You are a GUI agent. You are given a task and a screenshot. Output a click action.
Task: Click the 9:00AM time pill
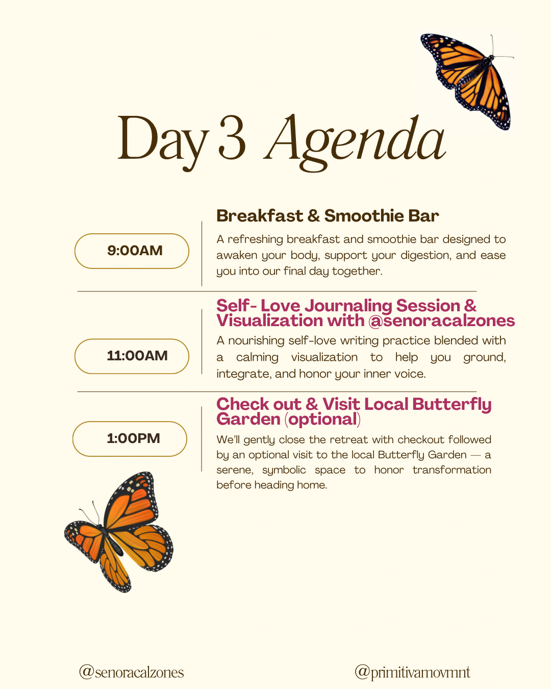[x=132, y=251]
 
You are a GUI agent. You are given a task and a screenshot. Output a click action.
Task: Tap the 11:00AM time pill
[x=132, y=356]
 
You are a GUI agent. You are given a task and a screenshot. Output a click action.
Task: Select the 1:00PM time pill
[x=130, y=438]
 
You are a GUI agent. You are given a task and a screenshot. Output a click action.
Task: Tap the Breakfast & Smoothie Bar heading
[x=328, y=215]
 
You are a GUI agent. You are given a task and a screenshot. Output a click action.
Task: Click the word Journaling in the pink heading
[x=348, y=306]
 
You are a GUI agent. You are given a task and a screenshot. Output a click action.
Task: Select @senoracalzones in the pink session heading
[x=441, y=321]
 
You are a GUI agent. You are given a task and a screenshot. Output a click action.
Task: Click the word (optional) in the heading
[x=323, y=419]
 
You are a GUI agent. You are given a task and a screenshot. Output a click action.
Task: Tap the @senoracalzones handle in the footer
[x=131, y=672]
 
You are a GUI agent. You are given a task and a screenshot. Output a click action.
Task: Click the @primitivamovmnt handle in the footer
[x=412, y=672]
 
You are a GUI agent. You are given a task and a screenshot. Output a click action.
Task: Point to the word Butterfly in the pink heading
[x=452, y=405]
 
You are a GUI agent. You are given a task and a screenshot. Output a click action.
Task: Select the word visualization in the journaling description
[x=324, y=357]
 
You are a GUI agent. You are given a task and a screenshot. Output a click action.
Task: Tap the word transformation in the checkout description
[x=452, y=470]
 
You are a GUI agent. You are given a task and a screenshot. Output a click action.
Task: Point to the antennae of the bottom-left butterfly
[x=91, y=512]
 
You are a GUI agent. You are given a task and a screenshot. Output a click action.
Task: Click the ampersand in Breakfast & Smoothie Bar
[x=313, y=216]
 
